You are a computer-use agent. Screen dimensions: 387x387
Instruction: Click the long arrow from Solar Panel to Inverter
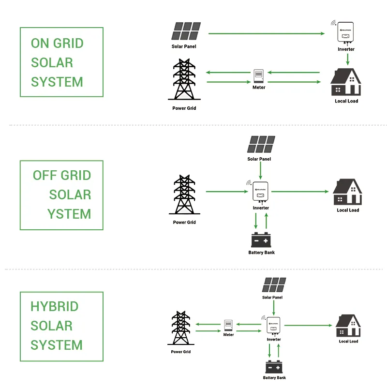[x=266, y=33]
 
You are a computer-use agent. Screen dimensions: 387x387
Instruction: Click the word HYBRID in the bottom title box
[x=54, y=307]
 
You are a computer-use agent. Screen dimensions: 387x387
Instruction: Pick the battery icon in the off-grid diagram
[x=261, y=240]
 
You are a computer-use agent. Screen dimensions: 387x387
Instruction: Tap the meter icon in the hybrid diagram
[x=229, y=325]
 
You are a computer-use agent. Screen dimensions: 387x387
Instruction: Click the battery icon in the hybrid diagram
[x=274, y=367]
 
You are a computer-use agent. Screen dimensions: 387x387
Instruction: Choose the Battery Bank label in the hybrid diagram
[x=274, y=378]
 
